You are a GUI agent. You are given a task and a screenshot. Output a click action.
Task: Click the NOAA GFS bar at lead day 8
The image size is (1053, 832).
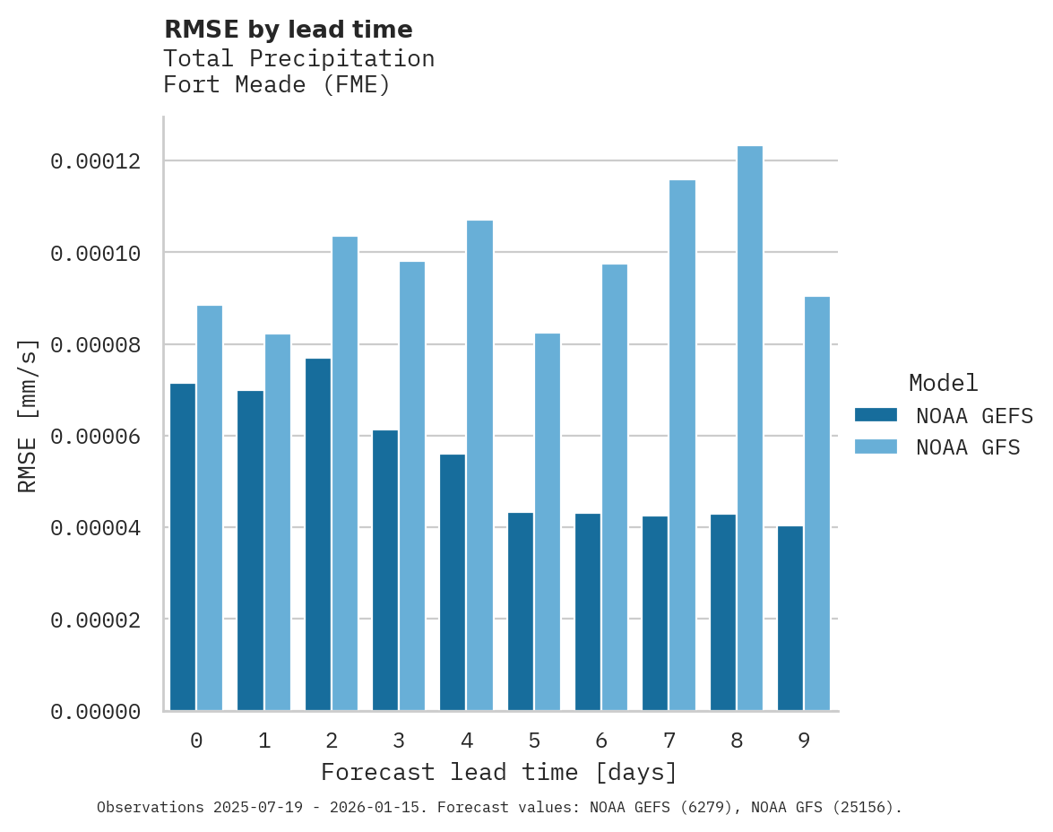click(749, 429)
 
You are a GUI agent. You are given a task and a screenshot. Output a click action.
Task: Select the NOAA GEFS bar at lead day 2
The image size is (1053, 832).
click(317, 534)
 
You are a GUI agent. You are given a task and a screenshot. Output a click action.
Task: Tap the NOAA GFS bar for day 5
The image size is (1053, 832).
click(547, 522)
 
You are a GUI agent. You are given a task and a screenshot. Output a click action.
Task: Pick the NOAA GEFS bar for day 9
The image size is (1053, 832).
click(790, 619)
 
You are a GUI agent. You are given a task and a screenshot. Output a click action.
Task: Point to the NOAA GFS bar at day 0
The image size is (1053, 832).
click(210, 508)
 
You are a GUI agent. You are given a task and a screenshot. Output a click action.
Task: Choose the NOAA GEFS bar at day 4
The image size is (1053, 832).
click(453, 583)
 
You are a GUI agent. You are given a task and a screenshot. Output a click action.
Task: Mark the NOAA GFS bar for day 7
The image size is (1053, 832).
click(682, 446)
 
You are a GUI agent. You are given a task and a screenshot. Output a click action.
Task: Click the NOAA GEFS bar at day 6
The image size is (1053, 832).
click(588, 612)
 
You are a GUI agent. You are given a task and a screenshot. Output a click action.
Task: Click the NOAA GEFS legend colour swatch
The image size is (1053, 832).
click(876, 414)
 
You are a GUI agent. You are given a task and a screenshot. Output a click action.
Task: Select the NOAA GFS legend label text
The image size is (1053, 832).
click(968, 446)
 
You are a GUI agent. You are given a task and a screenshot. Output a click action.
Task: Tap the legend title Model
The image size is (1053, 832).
click(943, 383)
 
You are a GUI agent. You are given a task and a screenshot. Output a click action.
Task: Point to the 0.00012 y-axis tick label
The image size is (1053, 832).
click(96, 161)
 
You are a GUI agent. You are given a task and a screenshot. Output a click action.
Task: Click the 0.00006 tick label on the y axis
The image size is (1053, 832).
click(96, 437)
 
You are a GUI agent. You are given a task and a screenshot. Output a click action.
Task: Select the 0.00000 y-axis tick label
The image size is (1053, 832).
click(96, 712)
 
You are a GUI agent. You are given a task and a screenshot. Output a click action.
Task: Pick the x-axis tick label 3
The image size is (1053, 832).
click(399, 741)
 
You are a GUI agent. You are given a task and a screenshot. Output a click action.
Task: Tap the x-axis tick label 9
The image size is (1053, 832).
click(804, 741)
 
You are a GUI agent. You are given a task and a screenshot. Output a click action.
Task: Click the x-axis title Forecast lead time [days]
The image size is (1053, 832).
click(499, 772)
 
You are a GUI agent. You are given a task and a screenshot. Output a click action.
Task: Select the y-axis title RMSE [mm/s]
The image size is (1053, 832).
click(28, 415)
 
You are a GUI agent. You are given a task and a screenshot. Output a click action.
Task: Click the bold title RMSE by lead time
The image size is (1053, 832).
click(288, 30)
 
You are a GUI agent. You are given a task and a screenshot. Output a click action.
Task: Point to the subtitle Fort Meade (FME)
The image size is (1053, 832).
click(277, 86)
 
